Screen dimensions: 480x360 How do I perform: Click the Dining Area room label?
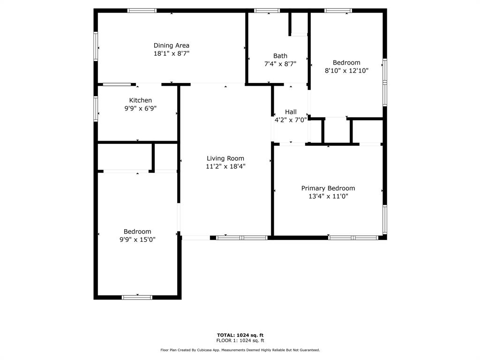pos(172,45)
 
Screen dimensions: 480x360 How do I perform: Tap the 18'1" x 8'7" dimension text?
pos(172,53)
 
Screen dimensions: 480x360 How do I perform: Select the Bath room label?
pos(280,56)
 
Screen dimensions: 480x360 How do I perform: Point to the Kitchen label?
pos(140,100)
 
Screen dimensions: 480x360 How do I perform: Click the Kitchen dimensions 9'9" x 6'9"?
pos(140,108)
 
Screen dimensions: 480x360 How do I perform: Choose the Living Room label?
pos(225,158)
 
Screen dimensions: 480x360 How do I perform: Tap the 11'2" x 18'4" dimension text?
pos(225,166)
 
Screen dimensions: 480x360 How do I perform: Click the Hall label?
pos(291,112)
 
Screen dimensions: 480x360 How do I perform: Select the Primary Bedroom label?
pos(328,188)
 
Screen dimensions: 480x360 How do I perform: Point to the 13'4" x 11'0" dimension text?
pos(328,196)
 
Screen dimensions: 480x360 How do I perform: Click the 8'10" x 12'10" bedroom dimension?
pos(346,70)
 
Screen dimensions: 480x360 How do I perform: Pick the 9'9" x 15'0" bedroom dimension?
pos(137,240)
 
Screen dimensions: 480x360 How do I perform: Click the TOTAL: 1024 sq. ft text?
pos(240,335)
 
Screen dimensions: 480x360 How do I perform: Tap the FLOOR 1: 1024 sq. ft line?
pos(240,340)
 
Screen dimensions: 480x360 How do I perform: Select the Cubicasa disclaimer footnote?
pos(240,350)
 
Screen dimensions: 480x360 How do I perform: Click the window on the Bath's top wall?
pos(267,11)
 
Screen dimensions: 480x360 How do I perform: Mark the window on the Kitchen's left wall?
pos(96,109)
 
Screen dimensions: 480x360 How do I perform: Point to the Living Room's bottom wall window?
pos(242,238)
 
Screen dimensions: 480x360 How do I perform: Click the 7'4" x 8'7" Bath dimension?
pos(280,64)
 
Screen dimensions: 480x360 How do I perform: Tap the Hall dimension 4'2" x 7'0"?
pos(291,120)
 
